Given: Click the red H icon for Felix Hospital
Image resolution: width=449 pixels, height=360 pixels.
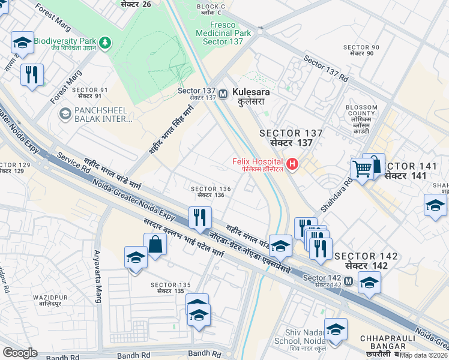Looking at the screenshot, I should (x=293, y=163).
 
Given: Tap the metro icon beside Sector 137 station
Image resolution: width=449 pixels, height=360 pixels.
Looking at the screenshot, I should (x=223, y=94).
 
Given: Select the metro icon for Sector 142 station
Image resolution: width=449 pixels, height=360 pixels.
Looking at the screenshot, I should (x=348, y=280).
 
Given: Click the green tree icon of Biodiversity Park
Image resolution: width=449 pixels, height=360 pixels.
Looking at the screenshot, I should (x=106, y=43).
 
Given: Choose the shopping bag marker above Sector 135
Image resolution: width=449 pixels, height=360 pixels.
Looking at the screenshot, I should (x=155, y=244).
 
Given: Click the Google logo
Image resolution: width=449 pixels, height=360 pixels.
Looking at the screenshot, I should (x=20, y=353).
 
